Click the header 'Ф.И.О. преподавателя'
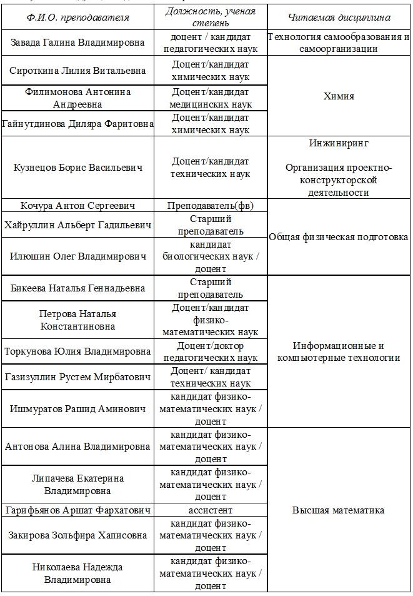coord(78,18)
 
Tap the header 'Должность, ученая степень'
coord(211,18)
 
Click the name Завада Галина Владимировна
coord(78,43)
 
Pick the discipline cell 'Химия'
coord(339,96)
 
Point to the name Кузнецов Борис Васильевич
coord(78,168)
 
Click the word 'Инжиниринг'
coord(339,143)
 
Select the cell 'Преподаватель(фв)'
coord(211,206)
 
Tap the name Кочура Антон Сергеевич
coord(78,206)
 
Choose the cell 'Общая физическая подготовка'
coord(339,237)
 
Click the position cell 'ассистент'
coord(211,510)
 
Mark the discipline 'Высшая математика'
coord(339,510)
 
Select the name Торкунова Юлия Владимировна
coord(78,351)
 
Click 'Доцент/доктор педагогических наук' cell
coord(211,351)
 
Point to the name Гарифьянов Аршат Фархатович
coord(78,510)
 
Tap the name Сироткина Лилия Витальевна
coord(78,71)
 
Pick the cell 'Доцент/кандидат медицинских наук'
coord(211,98)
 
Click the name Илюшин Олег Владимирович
coord(78,256)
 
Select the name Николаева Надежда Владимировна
coord(78,573)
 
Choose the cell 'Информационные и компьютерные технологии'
coord(339,351)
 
